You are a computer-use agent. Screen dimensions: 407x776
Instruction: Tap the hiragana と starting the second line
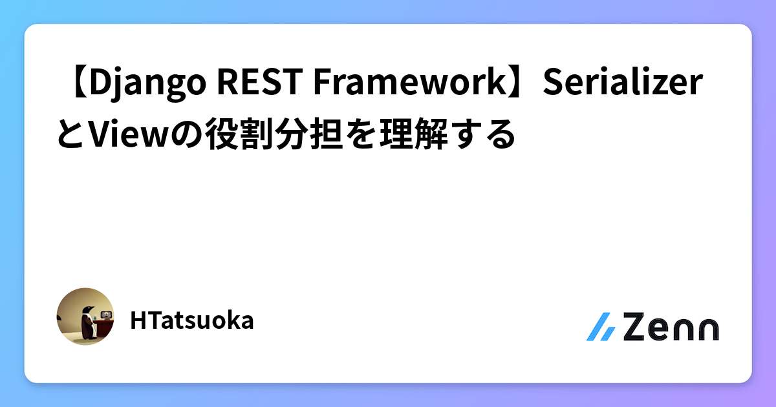(x=71, y=135)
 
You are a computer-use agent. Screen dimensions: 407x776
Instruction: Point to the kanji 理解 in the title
(x=427, y=135)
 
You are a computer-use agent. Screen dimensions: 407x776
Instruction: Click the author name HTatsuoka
(x=191, y=320)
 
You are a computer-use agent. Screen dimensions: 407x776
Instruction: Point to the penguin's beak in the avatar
(x=92, y=311)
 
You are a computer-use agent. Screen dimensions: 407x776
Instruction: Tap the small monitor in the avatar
(x=105, y=316)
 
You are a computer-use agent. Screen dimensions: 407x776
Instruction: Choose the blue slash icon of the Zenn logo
(x=601, y=327)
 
